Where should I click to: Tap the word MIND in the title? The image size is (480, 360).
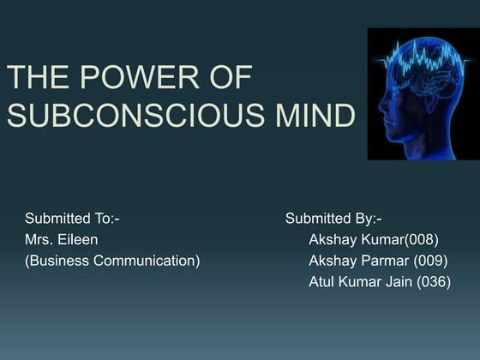pos(315,116)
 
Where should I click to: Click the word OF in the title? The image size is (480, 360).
pos(227,78)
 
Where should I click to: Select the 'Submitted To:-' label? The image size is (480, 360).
pos(72,219)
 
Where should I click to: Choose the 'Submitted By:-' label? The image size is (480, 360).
pos(333,219)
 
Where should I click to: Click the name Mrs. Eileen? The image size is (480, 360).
pos(61,240)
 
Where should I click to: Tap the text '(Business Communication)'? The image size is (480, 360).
pos(112,261)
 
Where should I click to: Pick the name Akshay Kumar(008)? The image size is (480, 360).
pos(373,240)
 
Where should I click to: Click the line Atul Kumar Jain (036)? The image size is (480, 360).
pos(379,282)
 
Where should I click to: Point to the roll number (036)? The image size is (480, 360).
pos(433,282)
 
